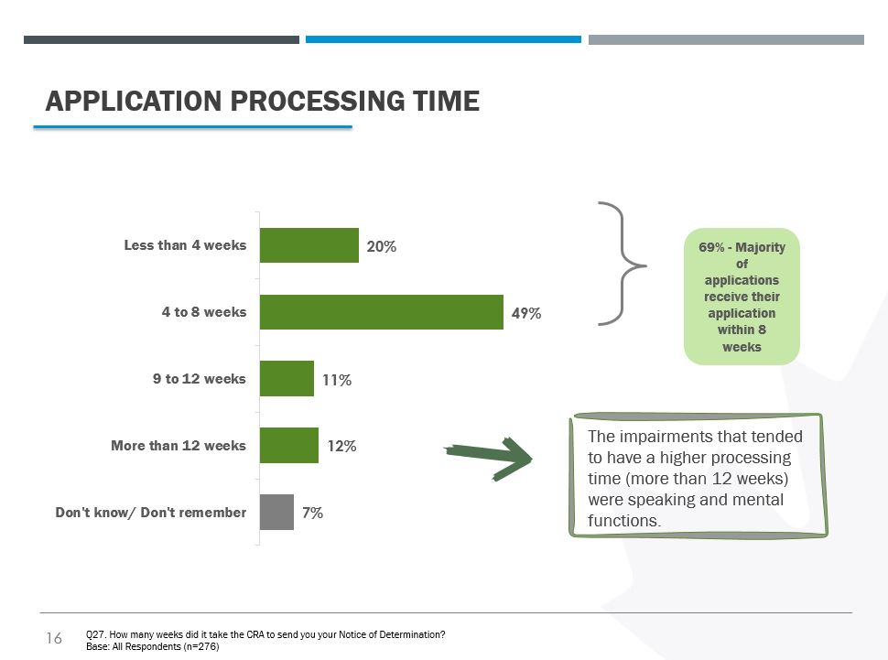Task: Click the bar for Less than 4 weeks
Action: (309, 245)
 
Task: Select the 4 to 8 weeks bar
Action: (382, 312)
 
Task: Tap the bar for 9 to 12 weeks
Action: (287, 378)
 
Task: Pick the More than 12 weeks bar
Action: (288, 445)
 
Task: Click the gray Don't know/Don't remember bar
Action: (276, 512)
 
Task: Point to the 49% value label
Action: (526, 313)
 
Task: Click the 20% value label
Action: (381, 246)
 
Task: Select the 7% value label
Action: (312, 513)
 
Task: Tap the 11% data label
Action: (337, 380)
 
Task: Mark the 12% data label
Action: (341, 447)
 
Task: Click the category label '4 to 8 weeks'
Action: (204, 312)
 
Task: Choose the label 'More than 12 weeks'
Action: (179, 446)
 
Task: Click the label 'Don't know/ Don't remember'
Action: (151, 513)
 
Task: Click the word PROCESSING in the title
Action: (318, 102)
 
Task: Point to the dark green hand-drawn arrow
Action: (488, 459)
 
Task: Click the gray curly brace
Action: (623, 264)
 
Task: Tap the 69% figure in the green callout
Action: (711, 247)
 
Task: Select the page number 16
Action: (54, 638)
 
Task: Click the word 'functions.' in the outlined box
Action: (624, 521)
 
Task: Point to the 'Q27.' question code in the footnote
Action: (96, 634)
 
